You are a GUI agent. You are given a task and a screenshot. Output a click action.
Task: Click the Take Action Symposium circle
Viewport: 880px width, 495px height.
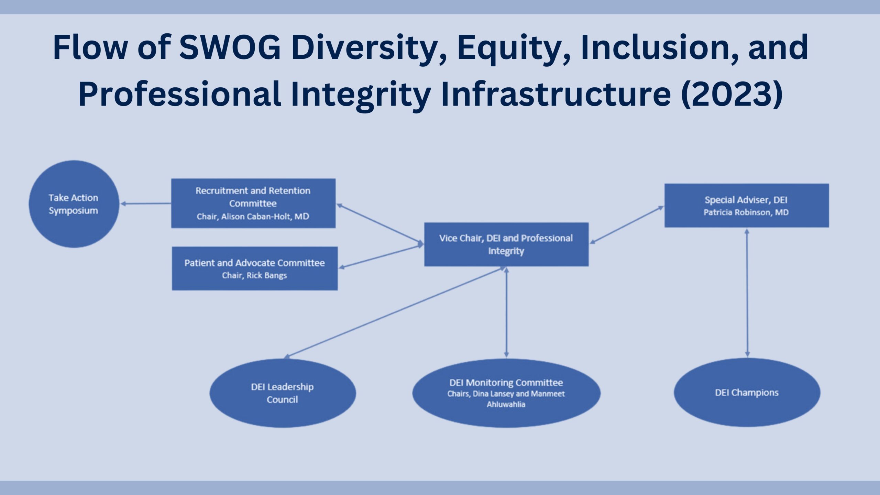74,204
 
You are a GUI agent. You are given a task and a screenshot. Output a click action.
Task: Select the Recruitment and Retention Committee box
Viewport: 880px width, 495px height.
253,203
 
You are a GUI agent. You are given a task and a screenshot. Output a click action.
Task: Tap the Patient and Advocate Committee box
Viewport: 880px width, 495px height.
255,268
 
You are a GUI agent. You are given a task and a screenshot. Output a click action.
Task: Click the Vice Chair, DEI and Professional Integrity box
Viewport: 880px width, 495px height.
506,244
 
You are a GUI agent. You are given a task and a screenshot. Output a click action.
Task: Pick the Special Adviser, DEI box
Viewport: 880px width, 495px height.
747,206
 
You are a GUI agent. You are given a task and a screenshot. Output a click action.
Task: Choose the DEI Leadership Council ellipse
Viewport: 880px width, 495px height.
283,393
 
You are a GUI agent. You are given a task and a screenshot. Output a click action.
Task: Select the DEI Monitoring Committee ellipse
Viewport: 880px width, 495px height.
506,393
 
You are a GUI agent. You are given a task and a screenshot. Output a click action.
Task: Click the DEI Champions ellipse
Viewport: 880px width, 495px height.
747,393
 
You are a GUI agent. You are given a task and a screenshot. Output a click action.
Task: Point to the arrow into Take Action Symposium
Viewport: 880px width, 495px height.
146,204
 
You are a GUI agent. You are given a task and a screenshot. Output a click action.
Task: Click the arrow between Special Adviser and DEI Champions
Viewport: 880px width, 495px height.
747,293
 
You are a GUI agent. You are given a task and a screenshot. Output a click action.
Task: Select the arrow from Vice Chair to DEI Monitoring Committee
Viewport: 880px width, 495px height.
506,312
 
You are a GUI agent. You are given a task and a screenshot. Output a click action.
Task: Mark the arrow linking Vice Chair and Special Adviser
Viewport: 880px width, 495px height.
627,225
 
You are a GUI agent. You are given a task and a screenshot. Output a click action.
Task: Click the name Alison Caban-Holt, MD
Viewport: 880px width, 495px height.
265,217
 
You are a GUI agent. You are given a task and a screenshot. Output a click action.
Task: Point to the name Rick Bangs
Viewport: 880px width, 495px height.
267,276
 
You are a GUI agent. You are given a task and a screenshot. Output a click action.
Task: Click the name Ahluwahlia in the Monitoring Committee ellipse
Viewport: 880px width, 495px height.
506,405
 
